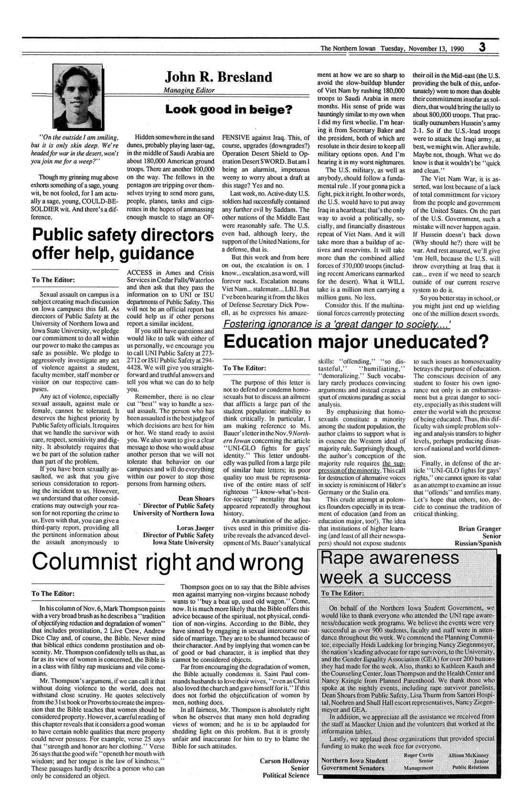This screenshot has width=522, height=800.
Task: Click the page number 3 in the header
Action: tap(483, 47)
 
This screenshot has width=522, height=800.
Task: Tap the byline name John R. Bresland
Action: tap(218, 77)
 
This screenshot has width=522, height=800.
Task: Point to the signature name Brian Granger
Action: tap(479, 528)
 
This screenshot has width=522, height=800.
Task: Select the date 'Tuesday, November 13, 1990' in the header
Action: tap(422, 48)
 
